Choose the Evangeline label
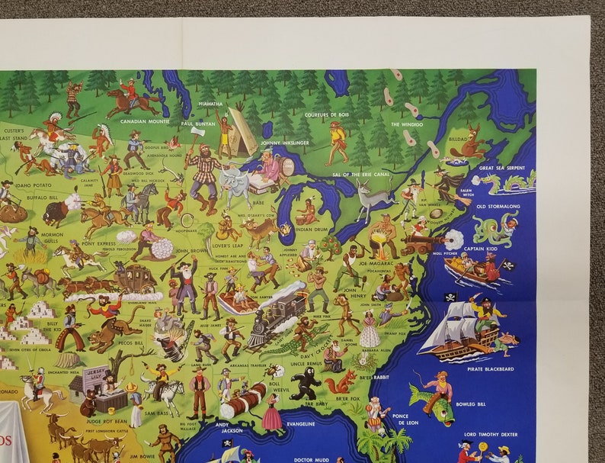[x=300, y=424]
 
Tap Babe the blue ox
[x=235, y=184]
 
